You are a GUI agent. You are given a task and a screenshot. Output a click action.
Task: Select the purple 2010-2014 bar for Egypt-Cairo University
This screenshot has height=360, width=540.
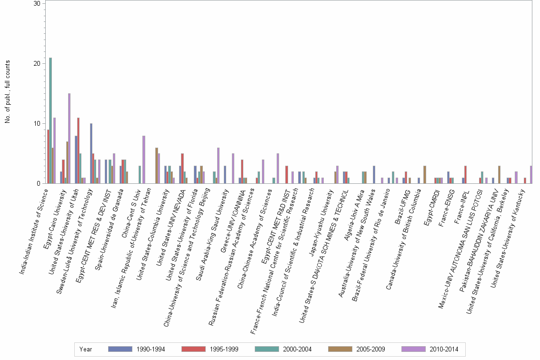pyautogui.click(x=69, y=138)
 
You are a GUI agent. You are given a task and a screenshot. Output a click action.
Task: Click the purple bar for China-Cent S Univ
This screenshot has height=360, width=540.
pyautogui.click(x=143, y=160)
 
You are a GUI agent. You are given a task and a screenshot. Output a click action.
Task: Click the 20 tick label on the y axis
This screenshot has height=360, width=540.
pyautogui.click(x=37, y=64)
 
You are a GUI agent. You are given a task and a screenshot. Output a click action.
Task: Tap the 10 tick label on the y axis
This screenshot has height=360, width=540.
pyautogui.click(x=37, y=124)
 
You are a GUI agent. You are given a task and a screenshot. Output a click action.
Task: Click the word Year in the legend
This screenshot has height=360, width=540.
pyautogui.click(x=86, y=349)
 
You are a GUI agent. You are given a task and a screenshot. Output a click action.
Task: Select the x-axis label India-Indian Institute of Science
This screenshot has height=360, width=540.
pyautogui.click(x=35, y=231)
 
